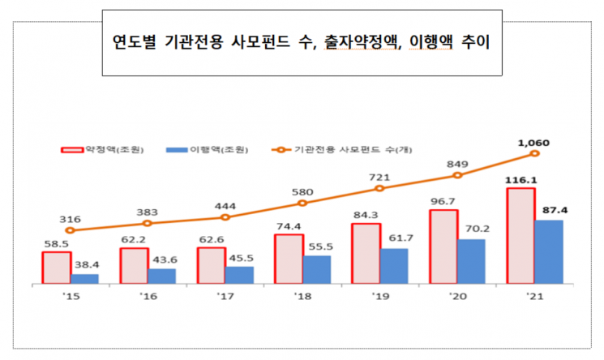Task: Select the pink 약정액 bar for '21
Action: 520,236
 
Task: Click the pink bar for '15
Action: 56,268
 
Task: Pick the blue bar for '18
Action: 316,269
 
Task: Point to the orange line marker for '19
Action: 379,188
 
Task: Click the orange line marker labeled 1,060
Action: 534,153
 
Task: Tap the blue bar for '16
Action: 161,276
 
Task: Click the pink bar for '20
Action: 443,247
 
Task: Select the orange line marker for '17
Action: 225,216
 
